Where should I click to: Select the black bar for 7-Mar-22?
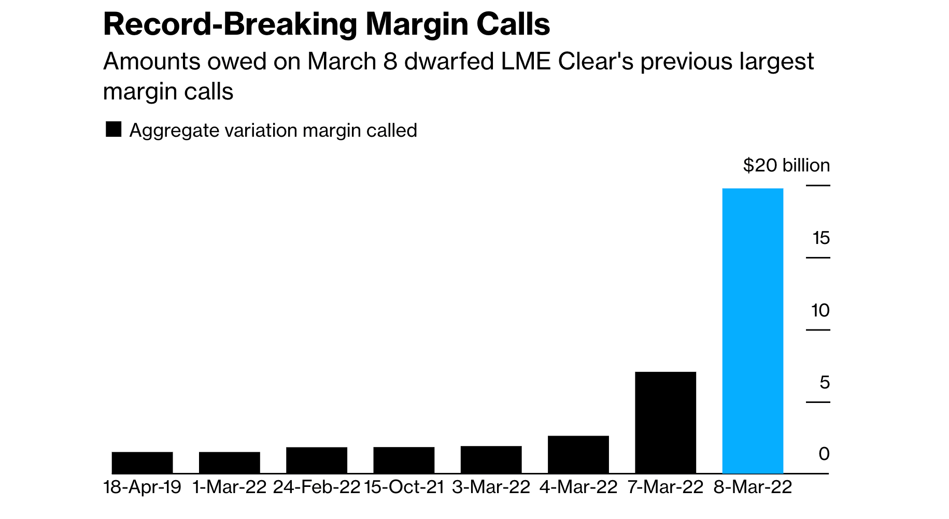(x=665, y=422)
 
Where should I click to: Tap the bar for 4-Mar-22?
(x=578, y=454)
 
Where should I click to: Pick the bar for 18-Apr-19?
(x=142, y=463)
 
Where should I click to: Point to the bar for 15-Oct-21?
(x=404, y=460)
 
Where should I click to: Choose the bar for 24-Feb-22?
(x=317, y=460)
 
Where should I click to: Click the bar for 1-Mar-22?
(x=229, y=463)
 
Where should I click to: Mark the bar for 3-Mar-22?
(x=491, y=459)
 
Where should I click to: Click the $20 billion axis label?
(x=786, y=166)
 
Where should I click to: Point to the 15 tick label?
(x=821, y=238)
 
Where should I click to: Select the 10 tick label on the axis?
(x=820, y=311)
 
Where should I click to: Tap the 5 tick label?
(x=824, y=383)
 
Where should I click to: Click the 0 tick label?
(x=824, y=454)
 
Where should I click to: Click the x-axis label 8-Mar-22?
(x=753, y=487)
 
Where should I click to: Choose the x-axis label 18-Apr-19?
(x=143, y=487)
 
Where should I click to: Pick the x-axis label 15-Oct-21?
(x=404, y=487)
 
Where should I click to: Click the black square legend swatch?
(x=114, y=129)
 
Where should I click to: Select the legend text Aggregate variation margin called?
(x=273, y=131)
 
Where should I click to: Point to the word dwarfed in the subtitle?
(x=449, y=62)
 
